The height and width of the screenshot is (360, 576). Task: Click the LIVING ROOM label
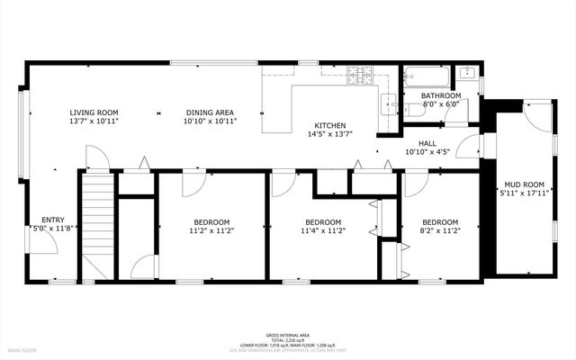coord(94,112)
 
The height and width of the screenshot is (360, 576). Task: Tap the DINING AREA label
coord(210,112)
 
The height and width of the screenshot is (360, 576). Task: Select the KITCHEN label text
coord(330,126)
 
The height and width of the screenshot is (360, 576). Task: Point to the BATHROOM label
coord(441,95)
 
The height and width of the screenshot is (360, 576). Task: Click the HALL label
coord(427,144)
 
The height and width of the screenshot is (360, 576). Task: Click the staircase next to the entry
coord(97,220)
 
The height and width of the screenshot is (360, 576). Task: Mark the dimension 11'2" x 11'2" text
coord(211,231)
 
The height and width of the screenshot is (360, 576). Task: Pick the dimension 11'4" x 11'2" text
coord(323,231)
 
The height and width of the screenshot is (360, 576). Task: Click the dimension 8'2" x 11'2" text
coord(440,231)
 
